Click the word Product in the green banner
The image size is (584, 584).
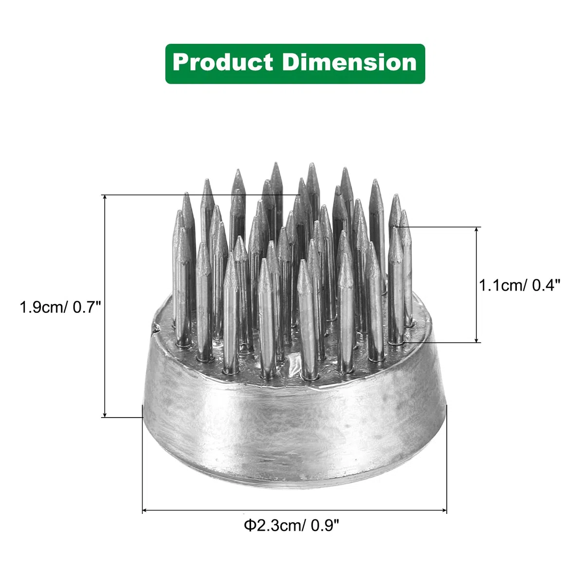point(223,63)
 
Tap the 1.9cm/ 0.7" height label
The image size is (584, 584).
point(60,307)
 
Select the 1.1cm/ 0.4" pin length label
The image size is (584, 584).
point(520,285)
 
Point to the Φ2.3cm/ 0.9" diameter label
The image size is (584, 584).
point(291,525)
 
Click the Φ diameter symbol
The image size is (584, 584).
point(250,526)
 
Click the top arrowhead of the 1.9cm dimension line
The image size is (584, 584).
point(105,197)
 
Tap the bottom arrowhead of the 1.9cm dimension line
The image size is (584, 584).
point(105,415)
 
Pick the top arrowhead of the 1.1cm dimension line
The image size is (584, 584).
point(477,230)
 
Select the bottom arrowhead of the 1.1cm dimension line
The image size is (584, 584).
point(477,340)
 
